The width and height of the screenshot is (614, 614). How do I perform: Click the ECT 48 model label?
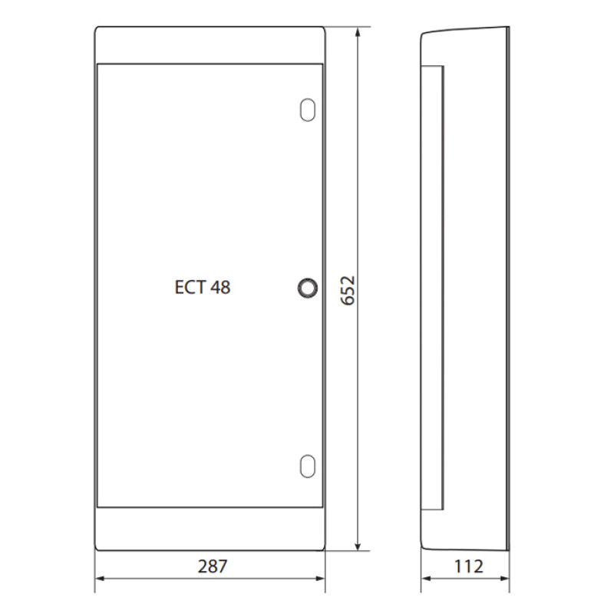(203, 287)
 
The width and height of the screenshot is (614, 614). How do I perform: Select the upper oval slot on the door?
(308, 110)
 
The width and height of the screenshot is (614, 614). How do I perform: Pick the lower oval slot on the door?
(308, 466)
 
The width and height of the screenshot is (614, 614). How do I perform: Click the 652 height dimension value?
(348, 290)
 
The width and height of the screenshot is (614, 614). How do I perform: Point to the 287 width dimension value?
(213, 566)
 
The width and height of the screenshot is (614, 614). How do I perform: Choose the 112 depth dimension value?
(468, 566)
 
